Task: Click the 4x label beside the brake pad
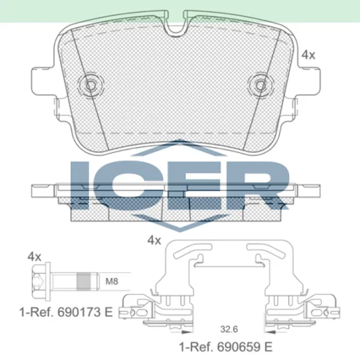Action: tap(308, 55)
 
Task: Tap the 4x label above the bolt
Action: tap(34, 257)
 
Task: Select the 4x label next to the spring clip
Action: tap(154, 241)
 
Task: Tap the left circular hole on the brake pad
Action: tap(92, 84)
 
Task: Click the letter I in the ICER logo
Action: tap(80, 183)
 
